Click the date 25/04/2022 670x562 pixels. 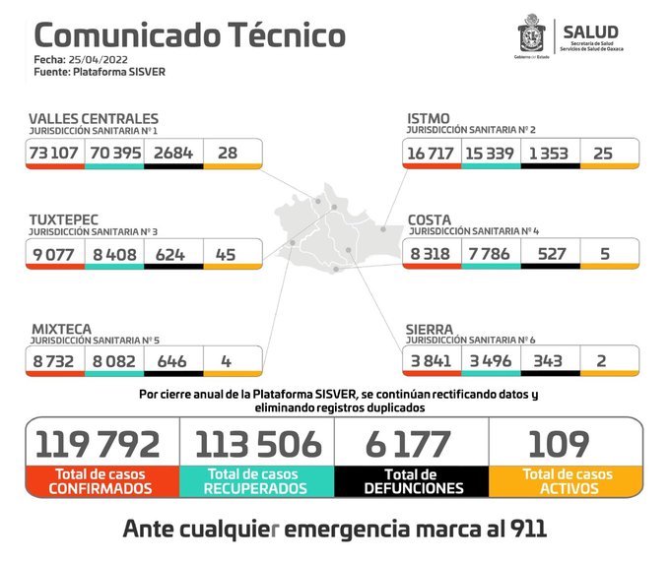pos(107,59)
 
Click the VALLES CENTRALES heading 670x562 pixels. pos(93,119)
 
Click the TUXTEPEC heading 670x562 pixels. pos(64,219)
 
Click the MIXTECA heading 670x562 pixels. pos(62,329)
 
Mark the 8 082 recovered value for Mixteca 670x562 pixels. pos(113,360)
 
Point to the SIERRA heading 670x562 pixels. pos(431,329)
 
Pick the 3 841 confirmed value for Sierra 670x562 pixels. pos(430,360)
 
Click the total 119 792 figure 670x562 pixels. pos(98,444)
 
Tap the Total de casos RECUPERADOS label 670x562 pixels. pos(256,481)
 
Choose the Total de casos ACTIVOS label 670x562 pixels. pos(567,481)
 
